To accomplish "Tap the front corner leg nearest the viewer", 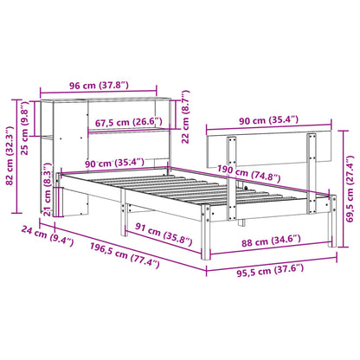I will pos(206,260).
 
